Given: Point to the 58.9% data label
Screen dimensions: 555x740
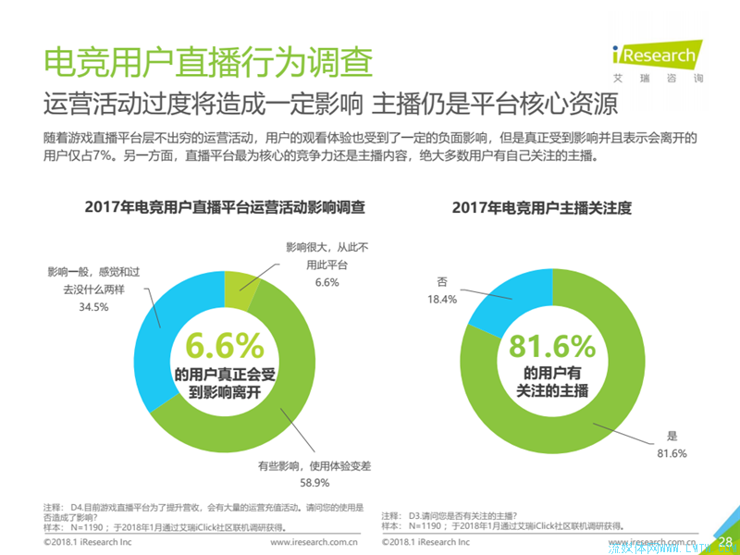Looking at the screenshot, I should coord(315,481).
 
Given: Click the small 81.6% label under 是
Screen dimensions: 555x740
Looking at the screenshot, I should coord(671,452).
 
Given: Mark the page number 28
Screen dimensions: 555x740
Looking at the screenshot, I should coord(725,541).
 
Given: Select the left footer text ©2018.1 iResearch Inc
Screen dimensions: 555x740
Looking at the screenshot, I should coord(90,543).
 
